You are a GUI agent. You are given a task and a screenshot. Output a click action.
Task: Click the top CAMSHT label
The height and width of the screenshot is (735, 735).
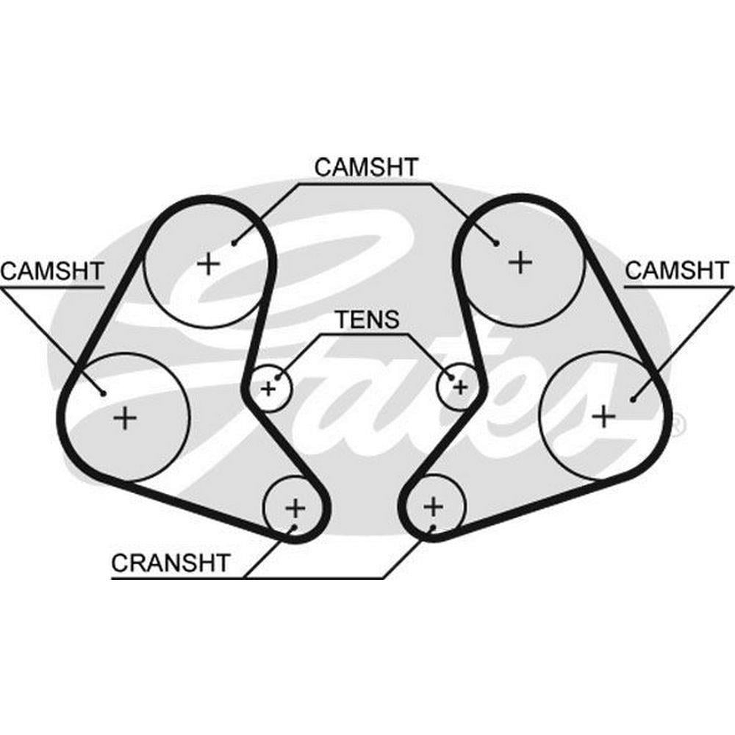coord(365,167)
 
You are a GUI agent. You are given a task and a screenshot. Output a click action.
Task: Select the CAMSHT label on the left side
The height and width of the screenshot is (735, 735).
coord(51,270)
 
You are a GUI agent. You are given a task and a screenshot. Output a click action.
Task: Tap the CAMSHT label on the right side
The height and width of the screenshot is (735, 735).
coord(678,270)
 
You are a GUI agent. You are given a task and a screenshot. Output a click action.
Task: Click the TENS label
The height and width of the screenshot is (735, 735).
coord(367,320)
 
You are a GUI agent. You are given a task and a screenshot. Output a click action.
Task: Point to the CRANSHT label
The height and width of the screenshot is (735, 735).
coord(171,563)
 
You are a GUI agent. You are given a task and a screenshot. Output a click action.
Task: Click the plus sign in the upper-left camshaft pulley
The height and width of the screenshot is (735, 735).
coord(209,262)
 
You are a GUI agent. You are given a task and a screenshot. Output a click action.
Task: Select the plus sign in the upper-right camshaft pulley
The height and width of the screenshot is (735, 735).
coord(520,261)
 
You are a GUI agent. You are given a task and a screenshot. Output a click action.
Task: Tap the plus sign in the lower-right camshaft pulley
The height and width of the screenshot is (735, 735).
coord(603,417)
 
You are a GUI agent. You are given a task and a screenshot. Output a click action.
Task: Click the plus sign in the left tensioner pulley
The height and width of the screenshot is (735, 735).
coord(268,387)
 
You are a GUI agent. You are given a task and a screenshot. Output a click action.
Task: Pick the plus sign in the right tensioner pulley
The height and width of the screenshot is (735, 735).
coord(460,385)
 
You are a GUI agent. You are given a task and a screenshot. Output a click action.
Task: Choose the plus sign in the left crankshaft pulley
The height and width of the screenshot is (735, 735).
coord(295,507)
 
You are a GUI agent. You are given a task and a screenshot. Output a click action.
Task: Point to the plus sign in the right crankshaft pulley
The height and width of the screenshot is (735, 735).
coord(434,506)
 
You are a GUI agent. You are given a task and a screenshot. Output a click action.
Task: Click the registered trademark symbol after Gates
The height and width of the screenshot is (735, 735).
coord(678,423)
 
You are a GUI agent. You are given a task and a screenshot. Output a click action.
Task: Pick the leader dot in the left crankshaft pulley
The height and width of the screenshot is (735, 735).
coord(294,527)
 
